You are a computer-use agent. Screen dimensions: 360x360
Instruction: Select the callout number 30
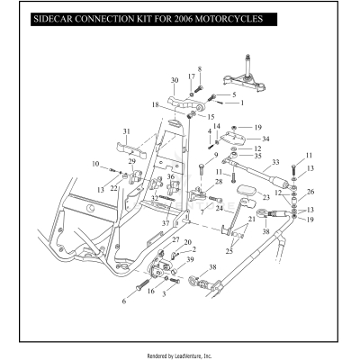[175, 80]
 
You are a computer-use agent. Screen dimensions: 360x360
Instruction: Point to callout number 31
[126, 131]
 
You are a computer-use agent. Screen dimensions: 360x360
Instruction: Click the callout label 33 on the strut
[275, 163]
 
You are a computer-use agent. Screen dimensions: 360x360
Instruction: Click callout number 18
[156, 105]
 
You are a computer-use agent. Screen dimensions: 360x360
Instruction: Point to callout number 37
[165, 222]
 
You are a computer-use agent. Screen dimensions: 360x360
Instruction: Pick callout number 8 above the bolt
[200, 69]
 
